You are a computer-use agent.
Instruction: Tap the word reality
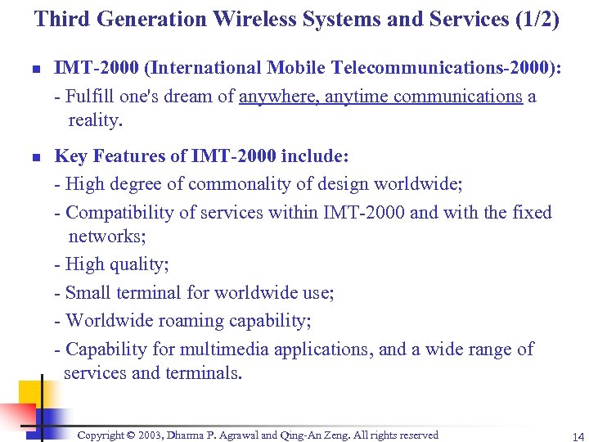pyautogui.click(x=95, y=120)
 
